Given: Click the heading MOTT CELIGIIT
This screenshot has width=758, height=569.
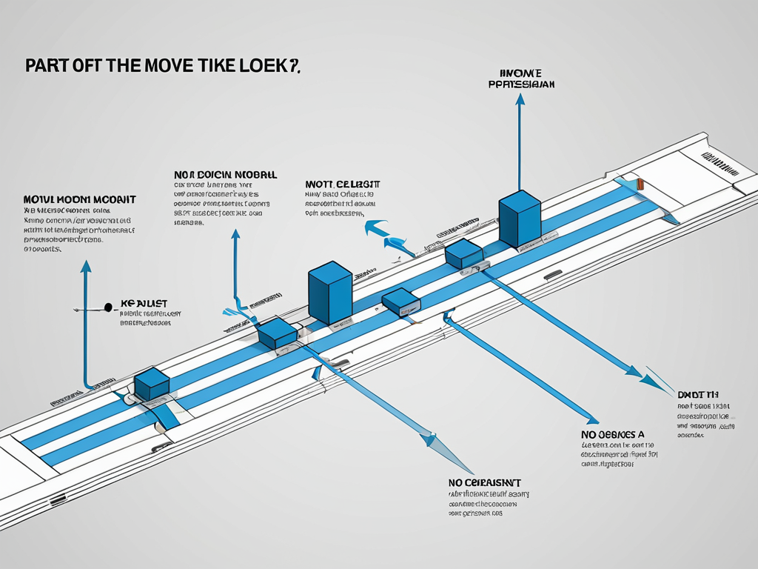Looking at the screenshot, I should point(343,184).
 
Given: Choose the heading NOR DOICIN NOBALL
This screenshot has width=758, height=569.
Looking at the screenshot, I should point(225,175).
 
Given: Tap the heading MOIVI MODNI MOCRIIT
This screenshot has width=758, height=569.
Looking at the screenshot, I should point(79,200).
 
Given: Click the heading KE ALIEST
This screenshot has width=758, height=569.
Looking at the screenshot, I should point(144,304).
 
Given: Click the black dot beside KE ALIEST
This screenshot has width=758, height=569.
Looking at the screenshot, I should point(109,305).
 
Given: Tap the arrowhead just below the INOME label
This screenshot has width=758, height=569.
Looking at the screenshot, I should point(520,99).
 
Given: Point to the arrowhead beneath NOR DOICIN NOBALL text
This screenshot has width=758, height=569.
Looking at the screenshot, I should point(235,235).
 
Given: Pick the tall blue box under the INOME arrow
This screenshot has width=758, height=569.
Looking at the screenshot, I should point(520,218).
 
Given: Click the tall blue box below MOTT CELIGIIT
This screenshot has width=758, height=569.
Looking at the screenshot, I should point(329,292).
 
